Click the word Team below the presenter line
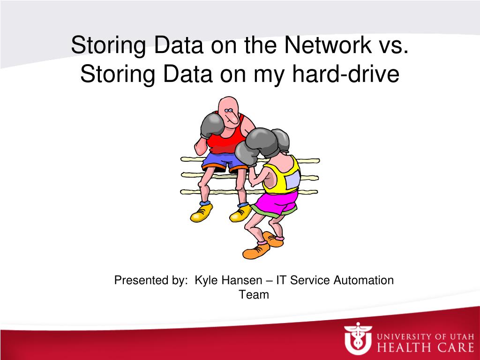tap(254, 295)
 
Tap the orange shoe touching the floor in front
tap(255, 252)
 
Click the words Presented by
tap(150, 280)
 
